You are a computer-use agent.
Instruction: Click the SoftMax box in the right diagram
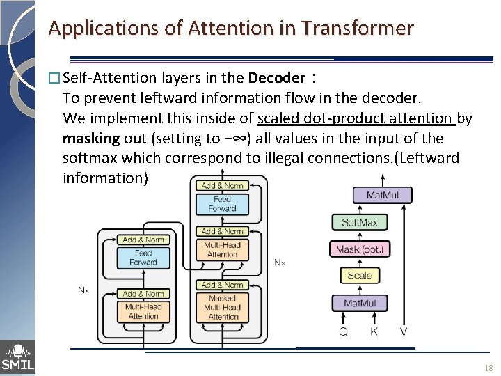pos(359,223)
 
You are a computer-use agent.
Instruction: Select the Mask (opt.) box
pos(359,249)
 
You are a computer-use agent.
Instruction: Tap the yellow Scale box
pos(359,275)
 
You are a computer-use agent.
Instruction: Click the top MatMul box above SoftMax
pos(382,195)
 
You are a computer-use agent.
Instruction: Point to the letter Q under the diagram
pos(343,331)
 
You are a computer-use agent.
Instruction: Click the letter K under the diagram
pos(374,331)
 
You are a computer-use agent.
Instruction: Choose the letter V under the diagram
pos(404,331)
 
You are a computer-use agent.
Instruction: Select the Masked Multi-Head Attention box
pos(223,307)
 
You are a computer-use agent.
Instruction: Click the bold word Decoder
pos(276,78)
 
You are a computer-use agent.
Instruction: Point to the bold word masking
pos(90,138)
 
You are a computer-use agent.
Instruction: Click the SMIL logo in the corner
pos(17,357)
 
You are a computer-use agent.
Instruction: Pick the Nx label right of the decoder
pos(279,263)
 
